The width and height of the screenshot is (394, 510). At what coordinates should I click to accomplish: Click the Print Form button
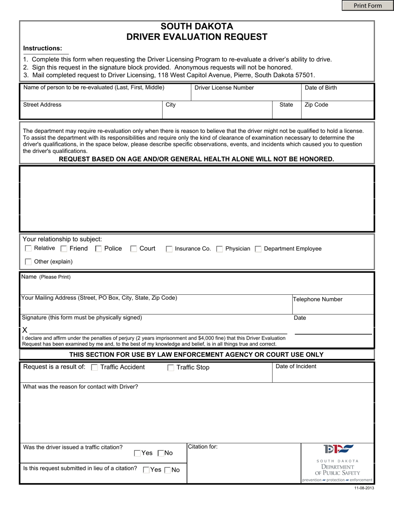coord(367,5)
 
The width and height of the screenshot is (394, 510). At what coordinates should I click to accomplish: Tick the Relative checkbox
coord(28,248)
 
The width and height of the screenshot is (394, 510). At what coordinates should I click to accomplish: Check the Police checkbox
coord(98,249)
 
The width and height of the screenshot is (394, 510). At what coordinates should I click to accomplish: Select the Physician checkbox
coord(219,249)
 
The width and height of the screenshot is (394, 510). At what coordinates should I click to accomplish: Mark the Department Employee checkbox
coord(258,249)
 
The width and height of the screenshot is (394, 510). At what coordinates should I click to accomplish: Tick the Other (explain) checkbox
coord(28,262)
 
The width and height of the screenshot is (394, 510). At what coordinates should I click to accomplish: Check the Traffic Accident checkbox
coord(95,367)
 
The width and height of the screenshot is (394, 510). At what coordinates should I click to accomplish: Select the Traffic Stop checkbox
coord(170,368)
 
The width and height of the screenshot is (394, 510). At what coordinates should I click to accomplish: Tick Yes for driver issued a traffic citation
coord(137,454)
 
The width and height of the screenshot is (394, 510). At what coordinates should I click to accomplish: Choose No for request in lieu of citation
coord(168,470)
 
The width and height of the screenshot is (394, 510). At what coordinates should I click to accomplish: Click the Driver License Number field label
coord(224,88)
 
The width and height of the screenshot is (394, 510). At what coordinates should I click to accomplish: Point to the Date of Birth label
coord(321,88)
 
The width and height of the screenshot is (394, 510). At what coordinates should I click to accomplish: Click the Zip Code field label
coord(316,105)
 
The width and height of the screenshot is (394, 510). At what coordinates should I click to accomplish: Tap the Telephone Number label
coord(318,299)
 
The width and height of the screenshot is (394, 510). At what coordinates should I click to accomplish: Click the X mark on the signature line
coord(25,330)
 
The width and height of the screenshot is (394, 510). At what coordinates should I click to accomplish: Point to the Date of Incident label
coord(296,367)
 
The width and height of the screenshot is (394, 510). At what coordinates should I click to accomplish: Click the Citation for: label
coord(203,447)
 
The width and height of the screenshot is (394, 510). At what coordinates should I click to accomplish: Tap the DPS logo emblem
coord(338,449)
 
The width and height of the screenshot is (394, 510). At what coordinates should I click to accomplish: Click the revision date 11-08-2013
coord(364,488)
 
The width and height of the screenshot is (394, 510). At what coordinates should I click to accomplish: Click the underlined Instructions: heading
coord(43,48)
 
